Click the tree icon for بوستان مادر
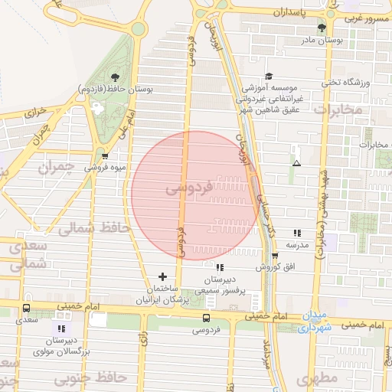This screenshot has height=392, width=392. pos(321,28)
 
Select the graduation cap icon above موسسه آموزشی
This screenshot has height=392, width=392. pos(268,77)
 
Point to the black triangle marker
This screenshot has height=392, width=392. pos(296,162)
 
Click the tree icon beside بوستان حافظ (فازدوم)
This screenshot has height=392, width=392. pos(115,77)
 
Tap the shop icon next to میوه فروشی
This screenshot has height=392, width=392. pos(105,155)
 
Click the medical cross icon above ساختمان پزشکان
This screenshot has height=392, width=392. pos(162,276)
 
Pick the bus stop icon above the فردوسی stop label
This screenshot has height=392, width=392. pos(206,318)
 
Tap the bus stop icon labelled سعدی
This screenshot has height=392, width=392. pos(27,309)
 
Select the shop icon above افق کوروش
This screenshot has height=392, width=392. pos(274,256)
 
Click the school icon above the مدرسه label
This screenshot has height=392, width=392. pos(297,233)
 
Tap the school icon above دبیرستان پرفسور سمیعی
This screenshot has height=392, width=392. pos(220,267)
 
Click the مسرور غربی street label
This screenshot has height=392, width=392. pos(367,18)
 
